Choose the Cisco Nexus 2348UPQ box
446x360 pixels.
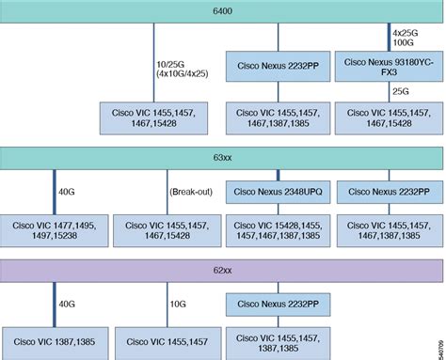pos(278,190)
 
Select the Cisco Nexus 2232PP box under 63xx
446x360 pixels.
pos(389,190)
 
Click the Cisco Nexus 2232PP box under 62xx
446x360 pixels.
pos(278,305)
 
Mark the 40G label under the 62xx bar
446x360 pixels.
pos(67,305)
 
